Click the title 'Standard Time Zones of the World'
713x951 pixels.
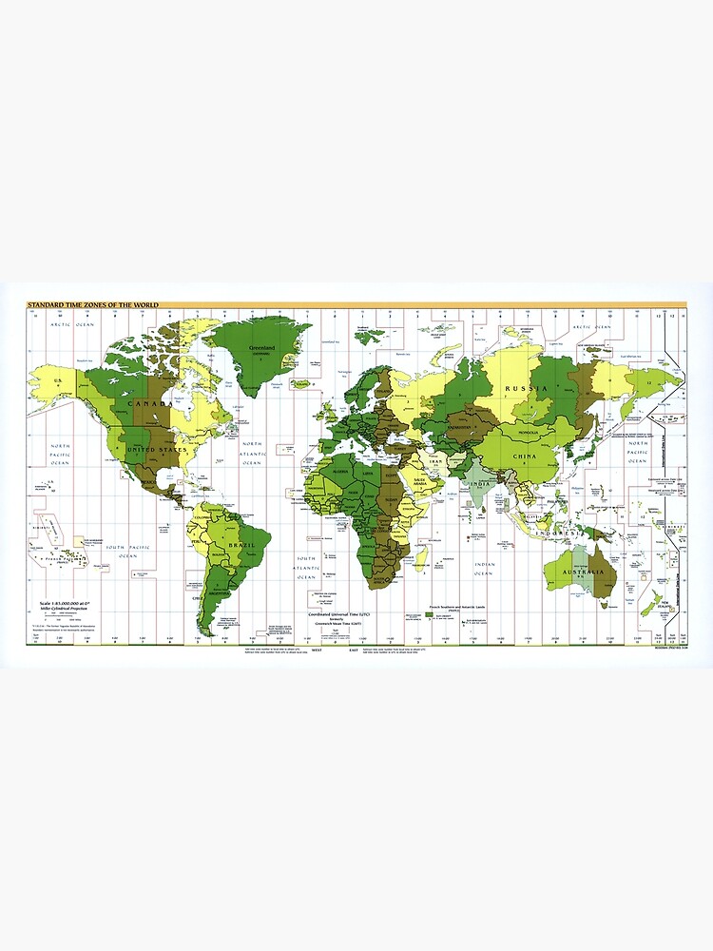coord(93,304)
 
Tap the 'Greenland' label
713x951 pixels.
coord(262,349)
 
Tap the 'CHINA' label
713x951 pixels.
coord(524,456)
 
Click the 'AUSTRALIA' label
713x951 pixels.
coord(584,572)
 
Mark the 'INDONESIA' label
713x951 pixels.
coord(557,534)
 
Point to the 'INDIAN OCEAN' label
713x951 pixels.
coord(483,569)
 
